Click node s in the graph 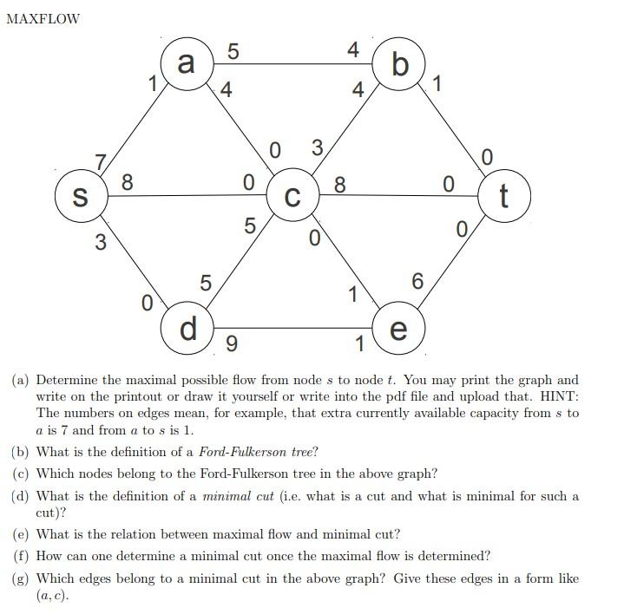pos(80,196)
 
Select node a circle pos(186,63)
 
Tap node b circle pos(399,64)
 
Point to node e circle pos(398,329)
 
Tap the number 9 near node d pos(230,344)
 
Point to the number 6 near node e pos(417,281)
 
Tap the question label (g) pos(21,578)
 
